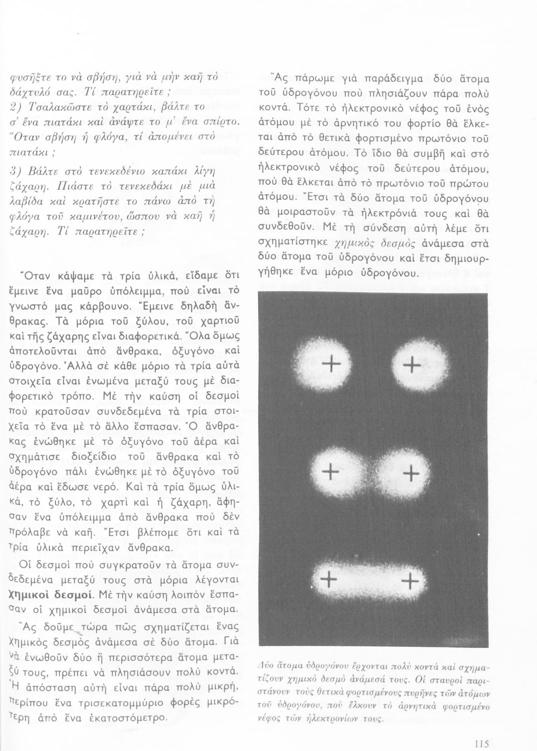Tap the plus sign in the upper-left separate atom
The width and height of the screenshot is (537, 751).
pyautogui.click(x=332, y=363)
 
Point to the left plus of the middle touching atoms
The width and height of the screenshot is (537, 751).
pyautogui.click(x=330, y=471)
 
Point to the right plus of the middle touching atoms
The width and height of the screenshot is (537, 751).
pyautogui.click(x=411, y=472)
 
